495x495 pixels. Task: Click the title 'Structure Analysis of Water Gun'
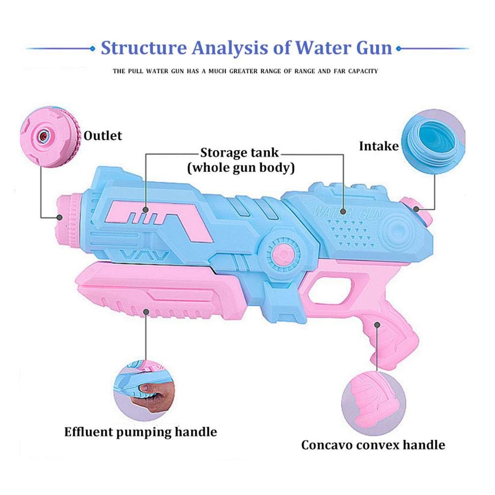click(246, 49)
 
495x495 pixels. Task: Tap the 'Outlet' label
click(102, 136)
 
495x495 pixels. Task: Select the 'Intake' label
click(379, 146)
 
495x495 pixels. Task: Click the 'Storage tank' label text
click(240, 153)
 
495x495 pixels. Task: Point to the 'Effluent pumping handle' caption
click(141, 432)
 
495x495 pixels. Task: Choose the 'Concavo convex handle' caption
click(373, 445)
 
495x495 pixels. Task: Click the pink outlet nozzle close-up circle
click(50, 137)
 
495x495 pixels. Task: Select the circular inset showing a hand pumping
click(144, 391)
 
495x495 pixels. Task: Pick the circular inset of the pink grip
click(373, 403)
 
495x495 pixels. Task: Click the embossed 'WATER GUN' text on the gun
click(347, 213)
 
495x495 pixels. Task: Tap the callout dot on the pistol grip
click(377, 325)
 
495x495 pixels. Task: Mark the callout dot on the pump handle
click(146, 312)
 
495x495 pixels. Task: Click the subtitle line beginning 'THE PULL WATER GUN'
click(246, 71)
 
